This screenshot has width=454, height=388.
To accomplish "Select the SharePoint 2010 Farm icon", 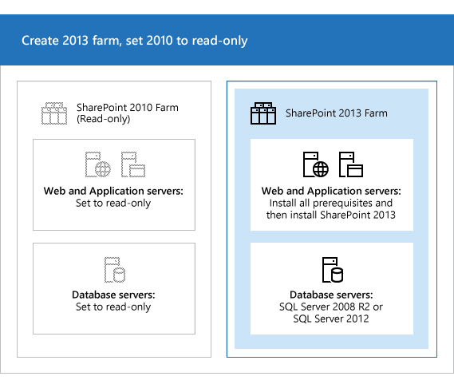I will tap(53, 113).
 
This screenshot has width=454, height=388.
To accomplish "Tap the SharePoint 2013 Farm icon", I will tap(263, 113).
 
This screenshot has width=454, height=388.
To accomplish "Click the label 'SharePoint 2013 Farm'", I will tap(336, 113).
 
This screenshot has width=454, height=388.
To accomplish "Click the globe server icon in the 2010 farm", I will tap(96, 164).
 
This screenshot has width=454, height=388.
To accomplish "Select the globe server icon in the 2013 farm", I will tap(314, 164).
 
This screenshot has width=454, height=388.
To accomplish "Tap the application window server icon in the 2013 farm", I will tap(349, 164).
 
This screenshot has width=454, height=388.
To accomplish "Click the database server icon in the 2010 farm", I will tap(113, 270).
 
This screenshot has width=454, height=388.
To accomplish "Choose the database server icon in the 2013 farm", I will tap(332, 270).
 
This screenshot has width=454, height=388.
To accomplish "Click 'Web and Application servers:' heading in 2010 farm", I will tap(113, 192).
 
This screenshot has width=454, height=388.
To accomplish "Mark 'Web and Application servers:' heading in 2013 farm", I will tap(331, 192).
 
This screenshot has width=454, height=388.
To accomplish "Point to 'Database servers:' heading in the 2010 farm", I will tap(113, 295).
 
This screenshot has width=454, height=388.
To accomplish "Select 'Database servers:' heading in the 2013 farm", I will tap(331, 295).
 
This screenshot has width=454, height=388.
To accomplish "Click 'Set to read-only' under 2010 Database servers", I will tap(113, 307).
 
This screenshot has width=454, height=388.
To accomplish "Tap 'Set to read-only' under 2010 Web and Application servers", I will tap(113, 203).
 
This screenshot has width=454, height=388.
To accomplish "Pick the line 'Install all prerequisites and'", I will tap(331, 203).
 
